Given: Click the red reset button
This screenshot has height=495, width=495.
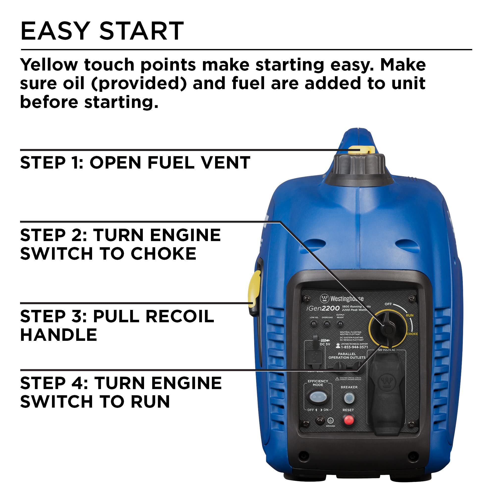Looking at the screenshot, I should pyautogui.click(x=348, y=420).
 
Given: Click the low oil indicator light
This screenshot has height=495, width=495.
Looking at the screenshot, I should pyautogui.click(x=313, y=324).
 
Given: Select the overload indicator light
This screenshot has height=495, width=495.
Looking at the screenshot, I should pyautogui.click(x=327, y=324).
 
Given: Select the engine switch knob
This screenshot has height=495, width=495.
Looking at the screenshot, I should pyautogui.click(x=387, y=328).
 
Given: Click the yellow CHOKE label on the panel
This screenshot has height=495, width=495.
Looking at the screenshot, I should pyautogui.click(x=412, y=334).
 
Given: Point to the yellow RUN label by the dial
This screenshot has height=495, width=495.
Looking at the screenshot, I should pyautogui.click(x=409, y=315).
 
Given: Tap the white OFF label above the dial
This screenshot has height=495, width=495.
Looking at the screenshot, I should pyautogui.click(x=388, y=304).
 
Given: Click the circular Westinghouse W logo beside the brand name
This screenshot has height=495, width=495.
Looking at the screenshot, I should pyautogui.click(x=324, y=298).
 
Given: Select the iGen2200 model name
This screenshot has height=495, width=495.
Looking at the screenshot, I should pyautogui.click(x=323, y=308).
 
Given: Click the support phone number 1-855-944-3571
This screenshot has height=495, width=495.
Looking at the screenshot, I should pyautogui.click(x=354, y=347).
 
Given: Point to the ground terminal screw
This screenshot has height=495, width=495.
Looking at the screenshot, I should pyautogui.click(x=320, y=420).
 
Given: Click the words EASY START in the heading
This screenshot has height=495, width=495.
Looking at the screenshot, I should pyautogui.click(x=102, y=31).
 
